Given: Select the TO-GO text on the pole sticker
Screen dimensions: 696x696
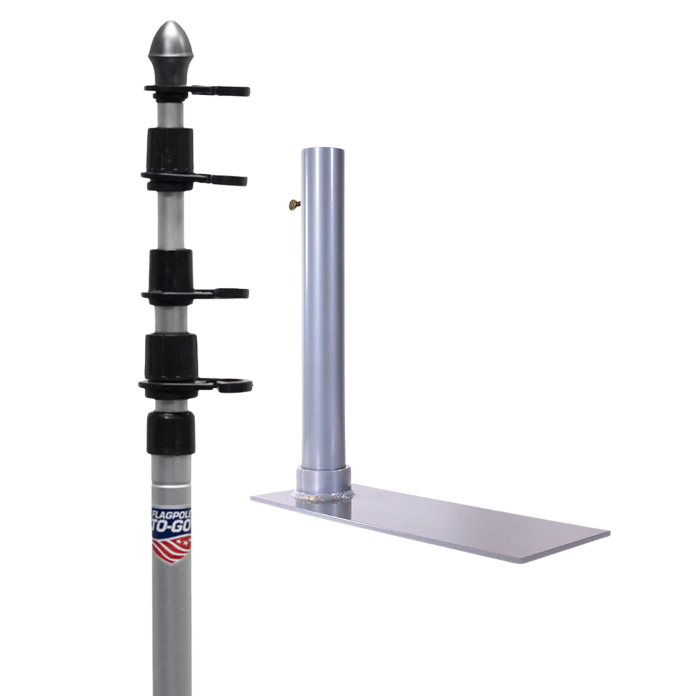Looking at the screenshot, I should tap(172, 528).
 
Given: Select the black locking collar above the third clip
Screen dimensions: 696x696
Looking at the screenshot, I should tap(170, 270).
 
